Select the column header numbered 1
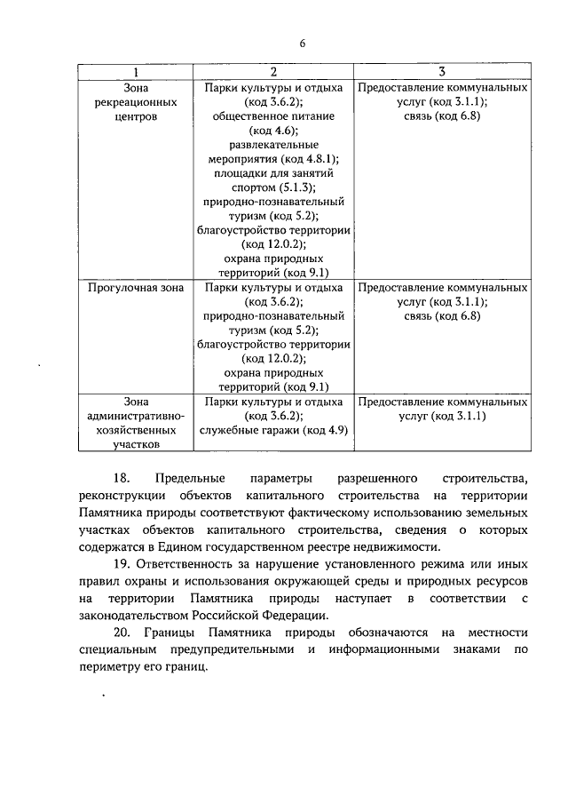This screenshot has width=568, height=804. tap(134, 72)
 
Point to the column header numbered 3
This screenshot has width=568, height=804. tap(442, 72)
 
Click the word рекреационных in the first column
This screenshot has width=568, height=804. tap(134, 102)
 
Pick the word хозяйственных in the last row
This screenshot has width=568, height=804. tap(134, 429)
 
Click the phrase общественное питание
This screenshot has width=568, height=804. tap(273, 116)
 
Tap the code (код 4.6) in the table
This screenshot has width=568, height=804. tap(273, 131)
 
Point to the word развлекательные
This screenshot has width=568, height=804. tap(273, 145)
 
